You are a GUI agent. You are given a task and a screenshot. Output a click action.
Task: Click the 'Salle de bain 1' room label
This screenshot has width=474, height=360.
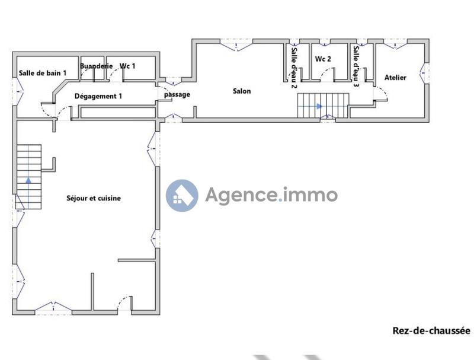point(42,73)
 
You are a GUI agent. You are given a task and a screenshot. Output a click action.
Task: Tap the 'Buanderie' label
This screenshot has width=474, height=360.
point(95,66)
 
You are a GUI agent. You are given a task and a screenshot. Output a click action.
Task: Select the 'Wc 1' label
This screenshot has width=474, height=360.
point(127,66)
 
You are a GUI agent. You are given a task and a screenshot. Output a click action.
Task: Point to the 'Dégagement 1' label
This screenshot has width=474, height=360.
point(98,95)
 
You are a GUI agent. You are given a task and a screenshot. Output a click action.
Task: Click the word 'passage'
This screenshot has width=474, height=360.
point(177,94)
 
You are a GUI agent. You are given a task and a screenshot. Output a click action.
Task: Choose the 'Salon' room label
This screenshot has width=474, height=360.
point(242,91)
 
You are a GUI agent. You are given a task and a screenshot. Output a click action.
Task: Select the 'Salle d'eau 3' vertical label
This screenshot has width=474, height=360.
point(356,67)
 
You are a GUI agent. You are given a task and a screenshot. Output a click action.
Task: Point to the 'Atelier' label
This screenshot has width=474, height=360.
point(395,78)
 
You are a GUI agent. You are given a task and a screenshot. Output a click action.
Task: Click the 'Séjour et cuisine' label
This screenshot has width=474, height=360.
point(94,198)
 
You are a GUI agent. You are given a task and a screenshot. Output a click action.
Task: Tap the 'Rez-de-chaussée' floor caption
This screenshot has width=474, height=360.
point(431,331)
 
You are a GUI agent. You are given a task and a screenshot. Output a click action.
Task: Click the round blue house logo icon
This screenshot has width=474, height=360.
point(182,195)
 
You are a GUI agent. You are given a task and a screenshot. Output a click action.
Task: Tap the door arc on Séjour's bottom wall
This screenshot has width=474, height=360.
point(124,301)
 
